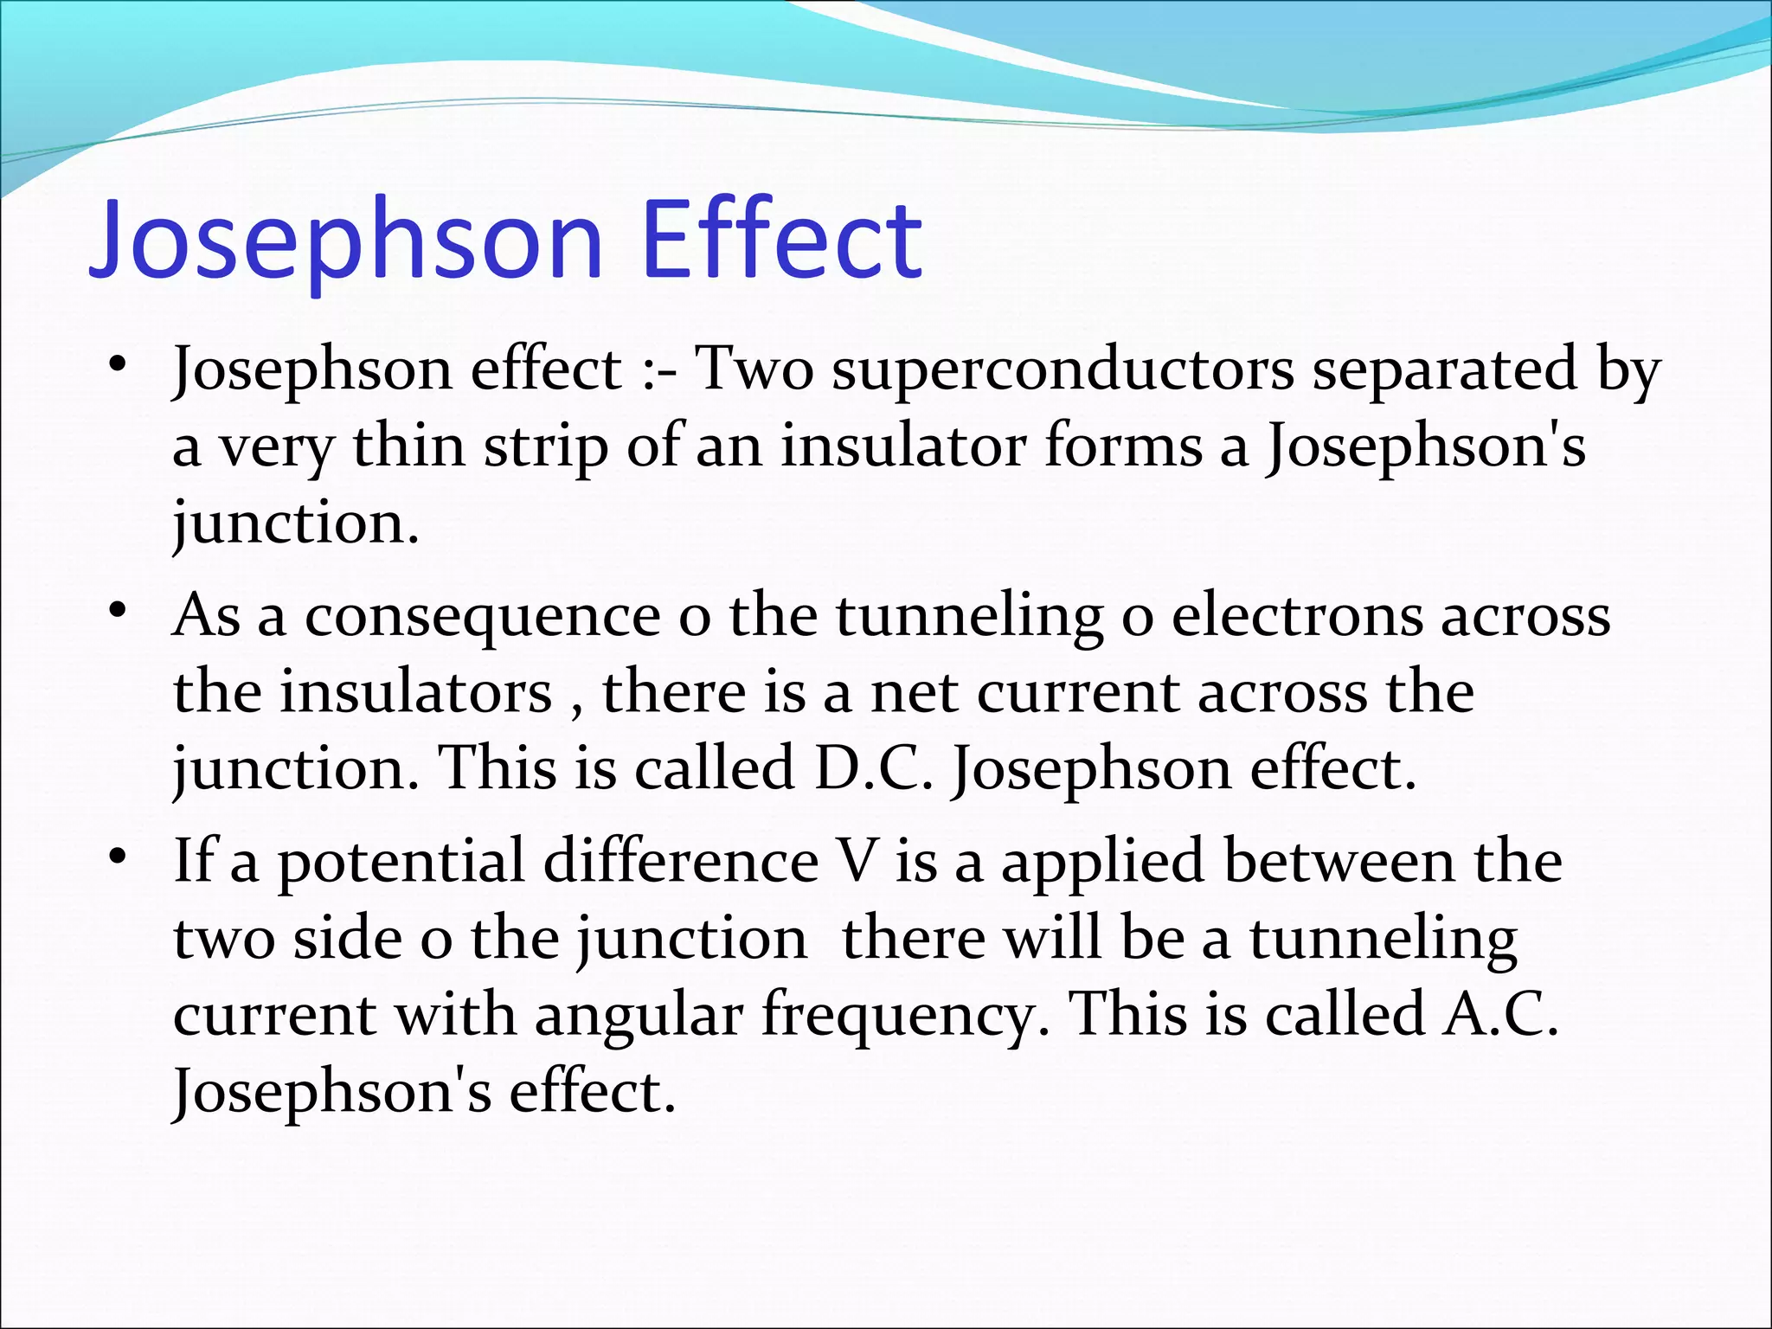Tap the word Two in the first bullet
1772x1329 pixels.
(x=754, y=370)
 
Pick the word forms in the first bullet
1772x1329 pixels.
(x=1124, y=447)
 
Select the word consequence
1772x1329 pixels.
(x=483, y=616)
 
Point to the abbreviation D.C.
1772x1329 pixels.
(x=874, y=768)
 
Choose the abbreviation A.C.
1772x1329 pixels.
(x=1500, y=1014)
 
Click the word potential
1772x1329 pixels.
(x=401, y=863)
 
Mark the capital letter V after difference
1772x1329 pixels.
(x=857, y=863)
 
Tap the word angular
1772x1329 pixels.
(x=639, y=1014)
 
